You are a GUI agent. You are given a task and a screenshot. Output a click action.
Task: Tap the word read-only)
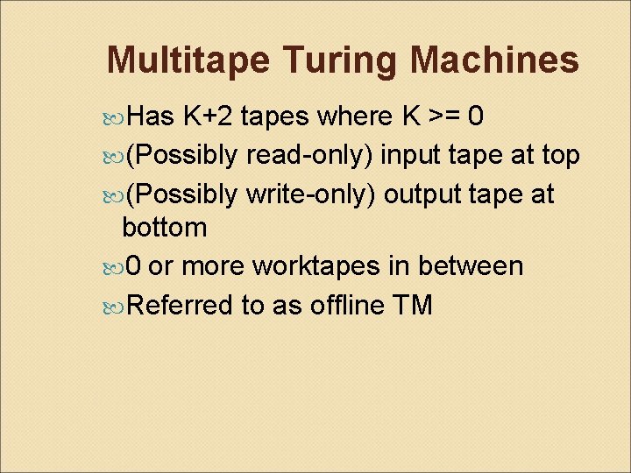coord(310,154)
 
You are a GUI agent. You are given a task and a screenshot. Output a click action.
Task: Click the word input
coord(414,154)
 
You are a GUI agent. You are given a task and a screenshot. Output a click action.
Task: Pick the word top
coord(560,154)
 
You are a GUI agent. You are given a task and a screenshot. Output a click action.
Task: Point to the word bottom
coord(165,228)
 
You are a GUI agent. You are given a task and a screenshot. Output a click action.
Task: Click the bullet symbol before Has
coord(118,116)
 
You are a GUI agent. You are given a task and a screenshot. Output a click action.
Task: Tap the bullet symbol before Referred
coord(118,306)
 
